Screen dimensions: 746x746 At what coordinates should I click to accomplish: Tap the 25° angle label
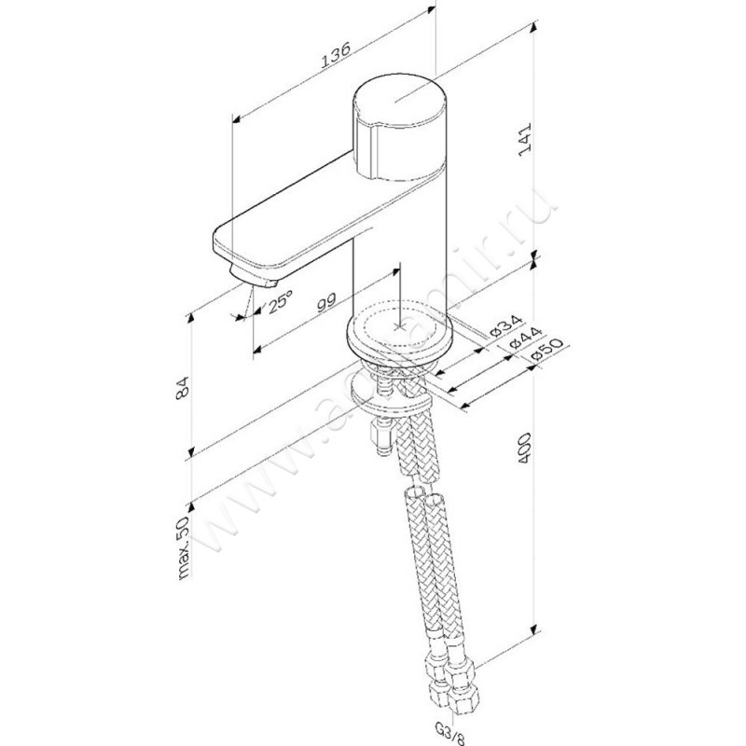pos(281,302)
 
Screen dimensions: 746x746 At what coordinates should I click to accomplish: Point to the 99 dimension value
pos(325,300)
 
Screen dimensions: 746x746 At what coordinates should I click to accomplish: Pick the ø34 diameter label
pos(504,326)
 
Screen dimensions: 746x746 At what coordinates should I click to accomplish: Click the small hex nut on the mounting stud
pos(380,433)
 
